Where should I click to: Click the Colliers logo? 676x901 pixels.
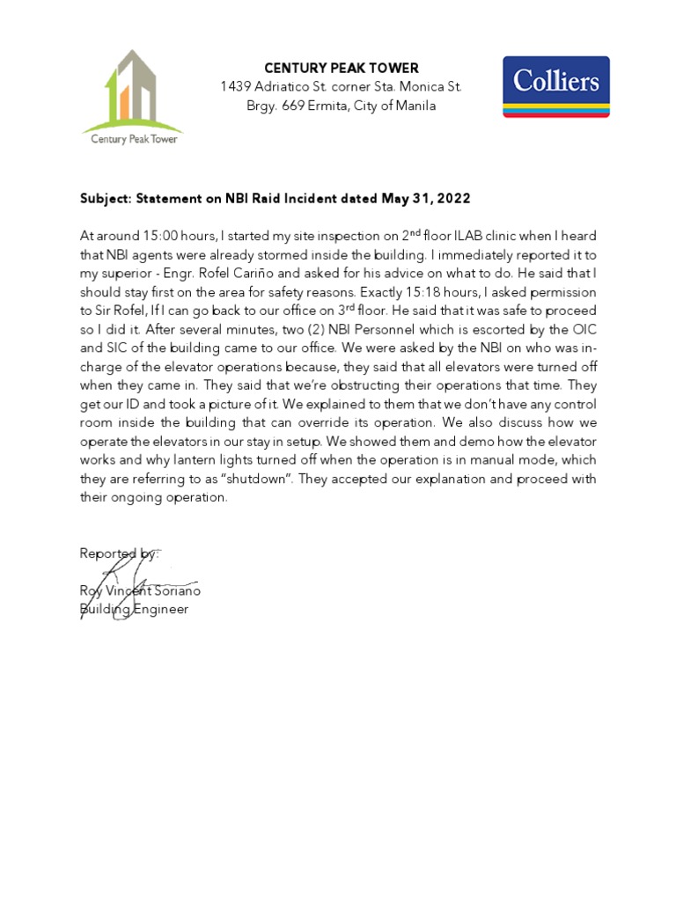tap(555, 87)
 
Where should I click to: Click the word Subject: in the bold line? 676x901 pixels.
tap(106, 199)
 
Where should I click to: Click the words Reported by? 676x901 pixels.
tap(119, 553)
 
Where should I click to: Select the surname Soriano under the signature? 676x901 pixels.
tap(177, 591)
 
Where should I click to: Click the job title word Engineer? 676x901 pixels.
tap(162, 609)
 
